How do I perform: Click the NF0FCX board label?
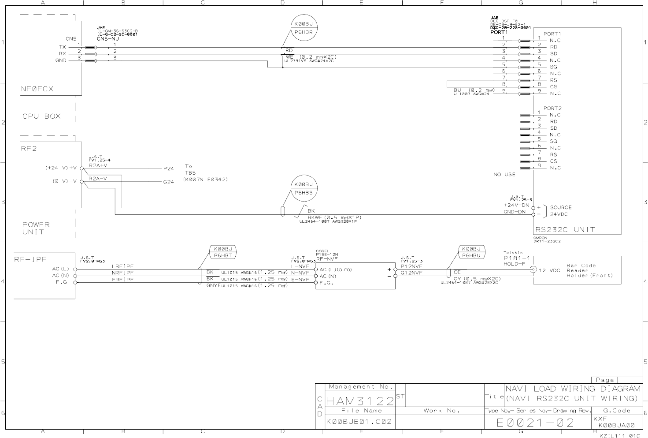(37, 89)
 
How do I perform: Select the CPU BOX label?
(41, 117)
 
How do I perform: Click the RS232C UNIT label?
(565, 229)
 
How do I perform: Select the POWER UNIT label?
(36, 228)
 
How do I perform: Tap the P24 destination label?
(168, 168)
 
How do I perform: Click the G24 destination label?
(168, 182)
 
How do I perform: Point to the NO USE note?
(504, 175)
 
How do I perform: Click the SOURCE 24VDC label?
(560, 211)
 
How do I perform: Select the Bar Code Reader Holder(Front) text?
(589, 270)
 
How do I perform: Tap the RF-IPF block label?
(30, 259)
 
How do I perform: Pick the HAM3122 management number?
(360, 401)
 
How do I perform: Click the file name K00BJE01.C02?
(359, 422)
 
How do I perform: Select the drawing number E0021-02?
(535, 423)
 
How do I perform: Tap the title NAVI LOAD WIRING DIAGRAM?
(572, 389)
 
